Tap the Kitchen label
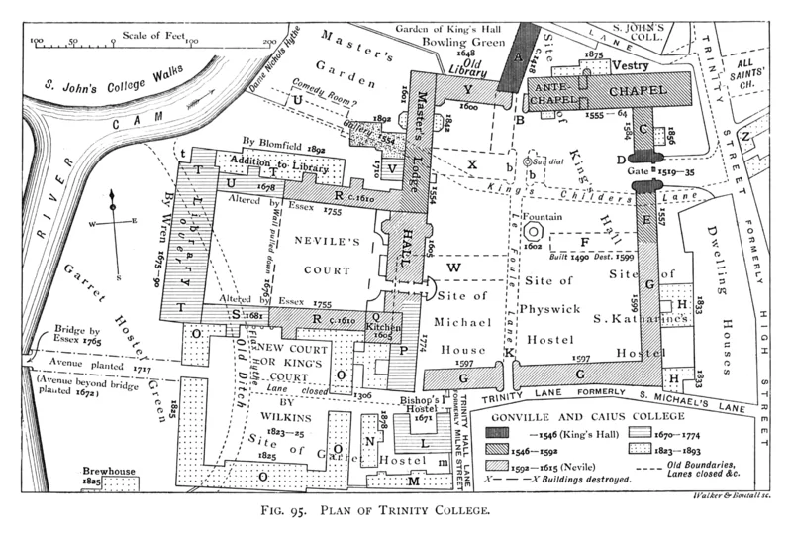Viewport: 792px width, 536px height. pyautogui.click(x=382, y=325)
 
